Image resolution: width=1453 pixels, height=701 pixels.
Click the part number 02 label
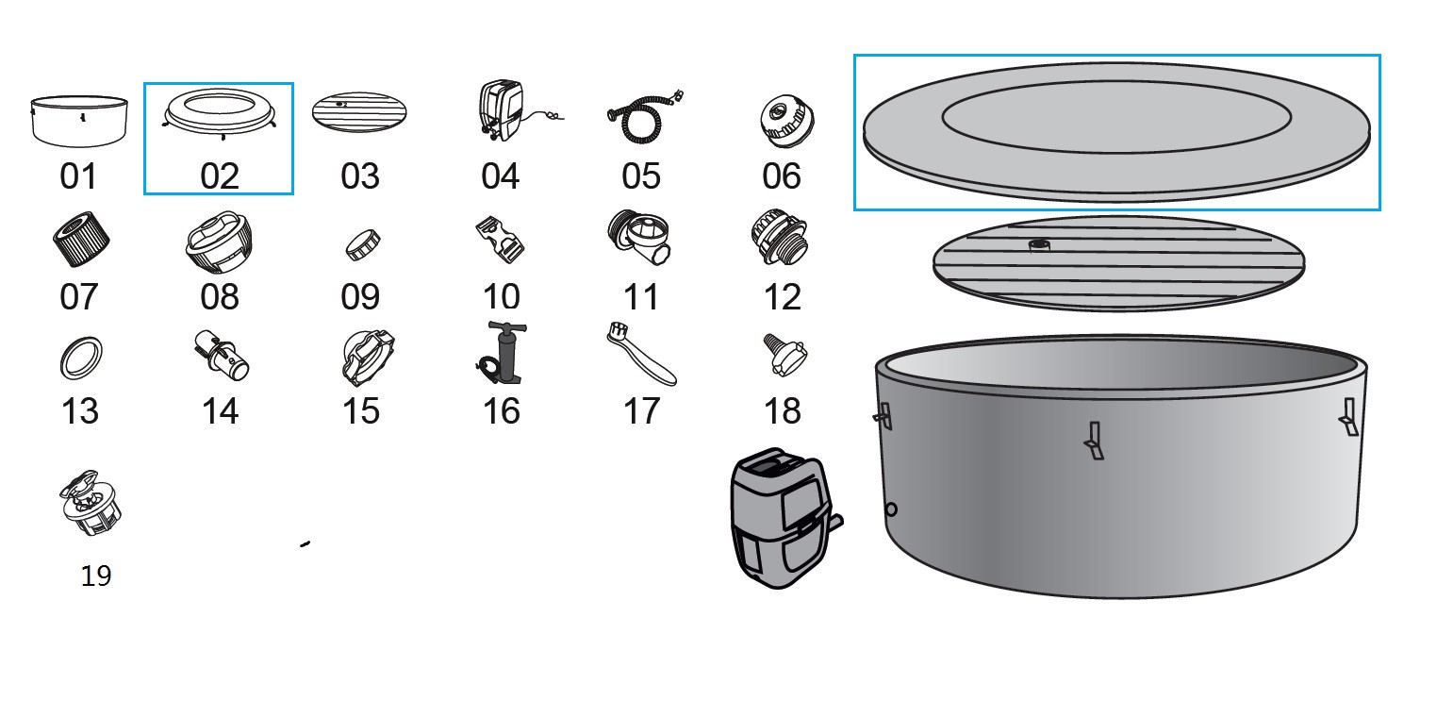[220, 176]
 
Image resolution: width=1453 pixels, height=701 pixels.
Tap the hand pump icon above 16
[501, 353]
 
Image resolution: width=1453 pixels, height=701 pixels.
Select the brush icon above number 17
[641, 354]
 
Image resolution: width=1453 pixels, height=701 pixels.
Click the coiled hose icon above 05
[645, 117]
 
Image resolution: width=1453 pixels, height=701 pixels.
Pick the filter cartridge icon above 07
[81, 238]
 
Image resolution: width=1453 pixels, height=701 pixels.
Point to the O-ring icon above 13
[81, 358]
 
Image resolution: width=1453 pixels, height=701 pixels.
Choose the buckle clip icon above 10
[500, 240]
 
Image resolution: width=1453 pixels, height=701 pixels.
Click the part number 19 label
[96, 576]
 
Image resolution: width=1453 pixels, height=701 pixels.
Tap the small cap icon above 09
[363, 245]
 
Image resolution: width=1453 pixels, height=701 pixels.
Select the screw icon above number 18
[784, 355]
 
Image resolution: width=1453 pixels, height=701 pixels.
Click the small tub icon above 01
[79, 122]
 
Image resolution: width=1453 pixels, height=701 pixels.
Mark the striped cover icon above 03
[359, 111]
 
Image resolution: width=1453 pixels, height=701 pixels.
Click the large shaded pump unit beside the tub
[786, 518]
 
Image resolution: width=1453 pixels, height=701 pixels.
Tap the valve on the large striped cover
[1039, 245]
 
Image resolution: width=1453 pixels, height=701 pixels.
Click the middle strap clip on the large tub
[1095, 441]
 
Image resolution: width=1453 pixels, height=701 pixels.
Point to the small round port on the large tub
[891, 509]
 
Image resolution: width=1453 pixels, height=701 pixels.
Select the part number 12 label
[783, 297]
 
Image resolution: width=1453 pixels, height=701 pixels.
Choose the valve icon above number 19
[91, 503]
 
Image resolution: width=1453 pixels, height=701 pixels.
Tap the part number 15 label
[360, 411]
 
